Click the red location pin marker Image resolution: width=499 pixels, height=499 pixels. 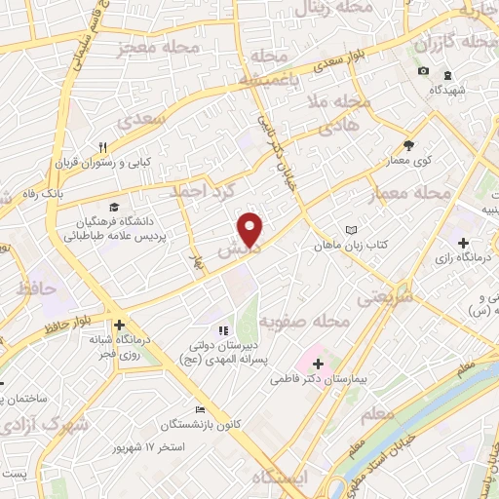[250, 228]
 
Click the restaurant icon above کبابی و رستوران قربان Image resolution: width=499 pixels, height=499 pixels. [115, 145]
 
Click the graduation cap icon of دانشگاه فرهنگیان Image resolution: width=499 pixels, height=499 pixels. [115, 208]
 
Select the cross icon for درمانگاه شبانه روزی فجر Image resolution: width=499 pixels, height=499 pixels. [119, 326]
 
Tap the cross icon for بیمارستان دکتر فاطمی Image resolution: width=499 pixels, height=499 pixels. [318, 363]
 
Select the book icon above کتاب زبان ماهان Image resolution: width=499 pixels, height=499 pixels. [352, 230]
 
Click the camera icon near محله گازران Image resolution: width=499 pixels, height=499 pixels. [423, 70]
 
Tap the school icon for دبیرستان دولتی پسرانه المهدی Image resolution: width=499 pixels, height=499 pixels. [221, 331]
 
